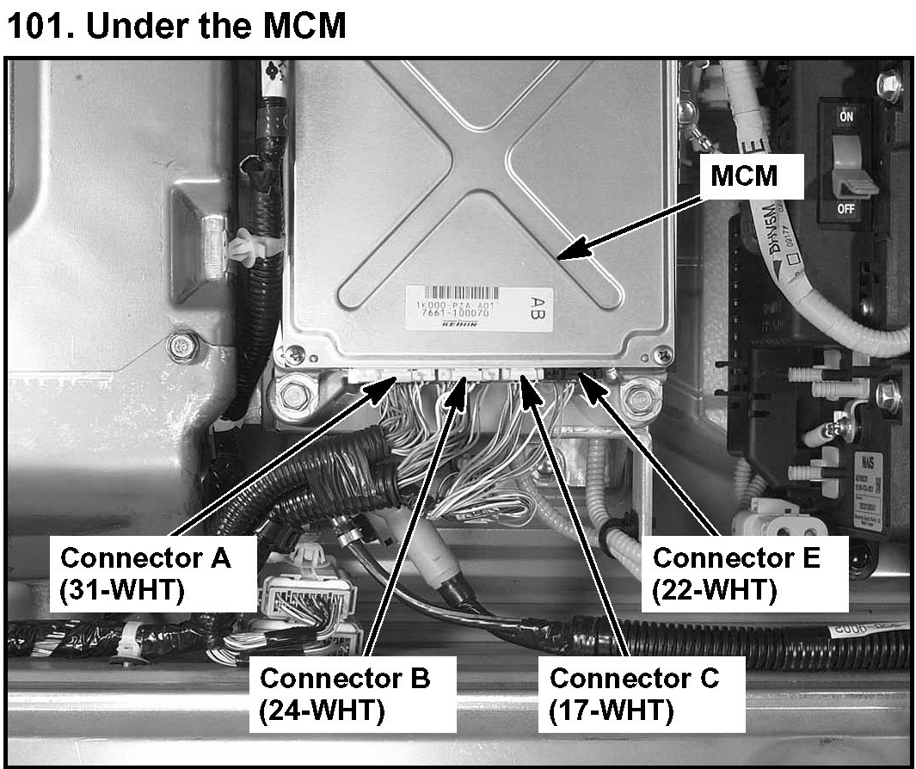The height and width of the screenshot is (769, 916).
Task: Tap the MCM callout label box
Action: point(744,176)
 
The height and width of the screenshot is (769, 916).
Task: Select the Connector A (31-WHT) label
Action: point(145,575)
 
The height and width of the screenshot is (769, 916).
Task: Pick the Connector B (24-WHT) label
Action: point(344,693)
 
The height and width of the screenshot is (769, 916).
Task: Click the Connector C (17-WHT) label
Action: point(634,693)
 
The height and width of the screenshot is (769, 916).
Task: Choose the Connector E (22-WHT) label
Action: point(736,573)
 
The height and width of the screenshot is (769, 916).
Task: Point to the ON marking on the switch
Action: point(847,119)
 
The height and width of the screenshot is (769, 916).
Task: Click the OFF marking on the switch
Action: point(847,209)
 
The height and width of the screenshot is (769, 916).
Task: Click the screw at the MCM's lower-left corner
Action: point(296,353)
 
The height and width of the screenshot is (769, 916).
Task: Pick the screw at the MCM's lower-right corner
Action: point(662,353)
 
